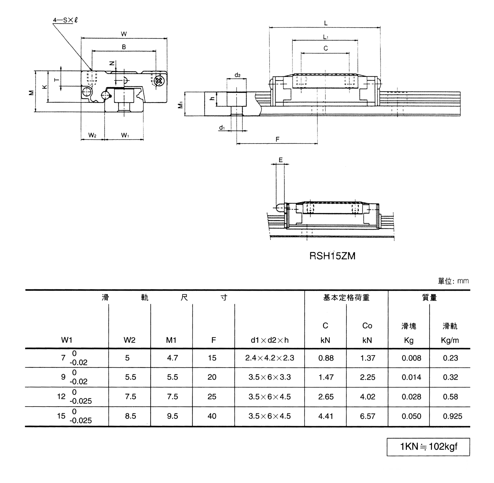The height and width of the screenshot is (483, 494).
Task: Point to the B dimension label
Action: tap(124, 47)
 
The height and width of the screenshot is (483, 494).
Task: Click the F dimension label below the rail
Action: tap(277, 139)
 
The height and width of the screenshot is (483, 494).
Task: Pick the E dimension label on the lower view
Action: tap(281, 160)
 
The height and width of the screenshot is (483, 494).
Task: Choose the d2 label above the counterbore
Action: tap(237, 75)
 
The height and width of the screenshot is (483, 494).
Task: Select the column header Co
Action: tap(367, 326)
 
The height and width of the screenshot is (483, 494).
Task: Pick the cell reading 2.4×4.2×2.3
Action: tap(269, 358)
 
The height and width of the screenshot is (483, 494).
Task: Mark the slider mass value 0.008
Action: tap(411, 358)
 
